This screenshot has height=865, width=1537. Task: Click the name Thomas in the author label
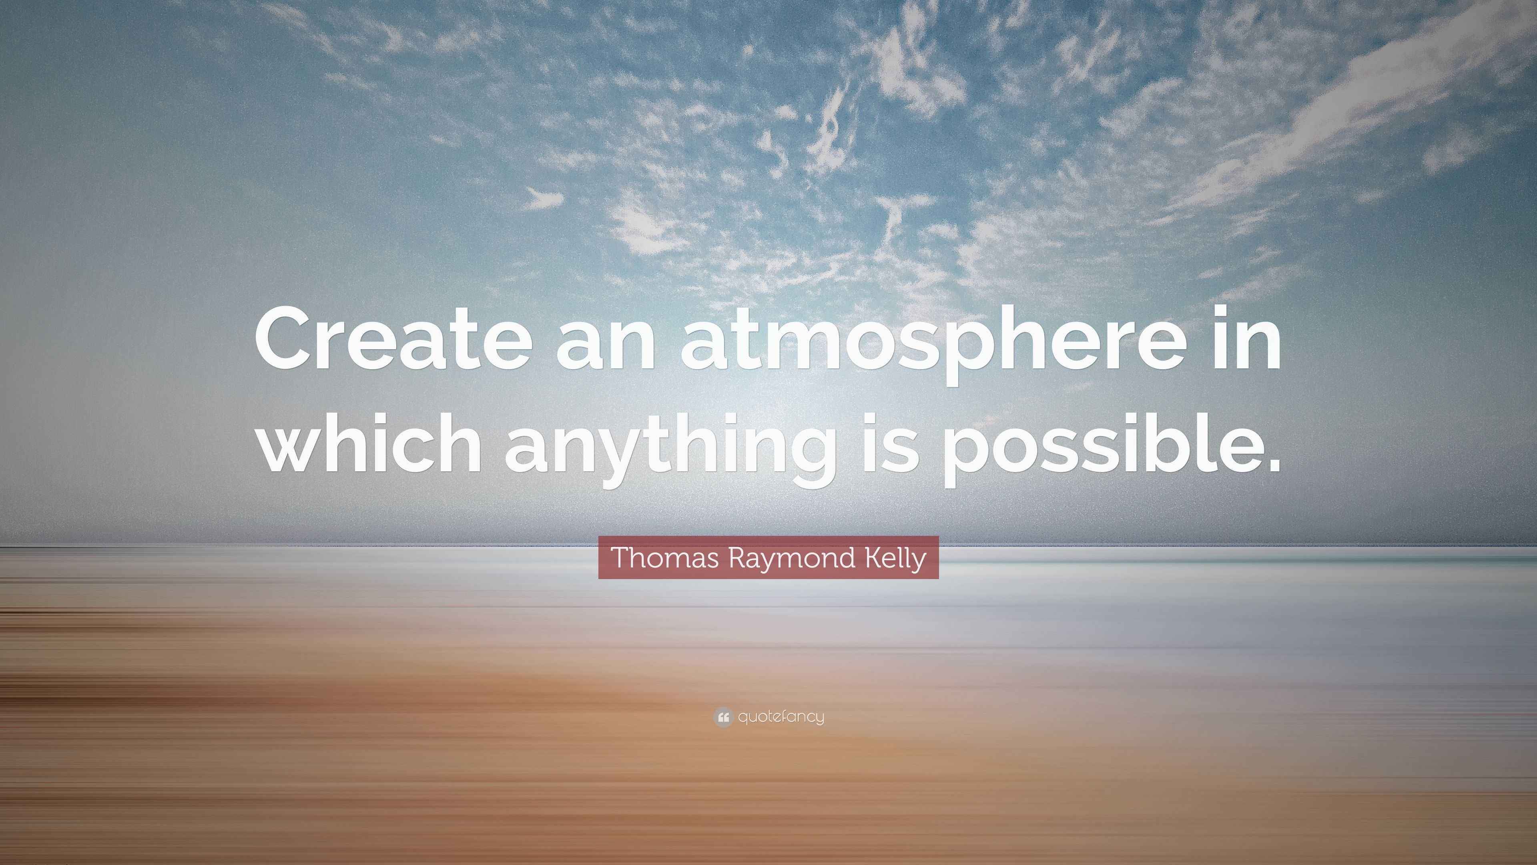click(656, 557)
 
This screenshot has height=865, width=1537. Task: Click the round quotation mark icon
click(722, 717)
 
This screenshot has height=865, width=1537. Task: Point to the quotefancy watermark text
click(781, 717)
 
